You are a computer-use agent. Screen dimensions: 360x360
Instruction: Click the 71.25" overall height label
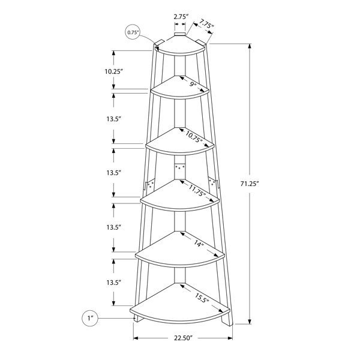coord(250,184)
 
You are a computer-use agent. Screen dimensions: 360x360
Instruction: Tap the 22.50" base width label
coord(183,338)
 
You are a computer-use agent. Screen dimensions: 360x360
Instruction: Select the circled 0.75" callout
coord(132,32)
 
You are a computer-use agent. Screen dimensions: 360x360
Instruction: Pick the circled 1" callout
coord(90,318)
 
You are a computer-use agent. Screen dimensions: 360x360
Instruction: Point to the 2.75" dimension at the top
coord(181,17)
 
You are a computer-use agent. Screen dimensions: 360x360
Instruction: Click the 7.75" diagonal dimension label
coord(206,24)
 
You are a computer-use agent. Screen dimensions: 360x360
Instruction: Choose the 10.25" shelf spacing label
coord(113,71)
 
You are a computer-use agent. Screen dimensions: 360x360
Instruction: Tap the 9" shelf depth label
coord(193,85)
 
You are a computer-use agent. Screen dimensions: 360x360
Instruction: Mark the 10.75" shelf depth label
coord(194,137)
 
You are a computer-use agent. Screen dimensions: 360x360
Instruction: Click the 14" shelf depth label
coord(199,244)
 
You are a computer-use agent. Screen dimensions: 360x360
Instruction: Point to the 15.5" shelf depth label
coord(202,298)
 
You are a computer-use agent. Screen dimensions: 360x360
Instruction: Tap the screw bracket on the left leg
coord(149,184)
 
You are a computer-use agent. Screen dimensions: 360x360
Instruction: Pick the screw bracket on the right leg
coord(213,184)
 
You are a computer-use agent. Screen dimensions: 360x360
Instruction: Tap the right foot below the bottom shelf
coord(227,320)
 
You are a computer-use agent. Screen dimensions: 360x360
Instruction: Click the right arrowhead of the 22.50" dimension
coord(230,338)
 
